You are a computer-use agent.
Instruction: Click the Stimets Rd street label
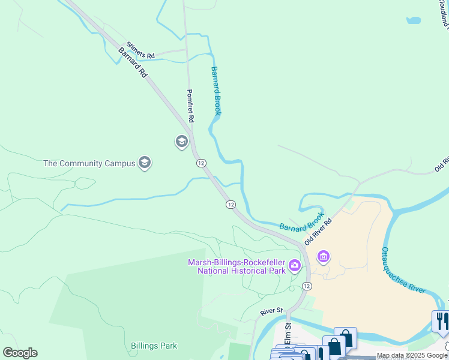136,50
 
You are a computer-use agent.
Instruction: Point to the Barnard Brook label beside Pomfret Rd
215,91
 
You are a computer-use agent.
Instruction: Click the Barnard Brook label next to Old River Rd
302,223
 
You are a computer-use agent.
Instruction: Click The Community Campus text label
89,163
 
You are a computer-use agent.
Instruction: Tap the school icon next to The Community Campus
144,163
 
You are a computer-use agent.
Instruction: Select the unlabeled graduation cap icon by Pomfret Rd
181,142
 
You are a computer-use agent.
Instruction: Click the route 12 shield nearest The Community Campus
201,163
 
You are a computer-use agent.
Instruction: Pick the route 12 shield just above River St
307,286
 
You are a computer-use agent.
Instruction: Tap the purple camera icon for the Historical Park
294,265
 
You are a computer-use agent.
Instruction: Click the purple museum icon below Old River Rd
324,257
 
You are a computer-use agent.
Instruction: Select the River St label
271,311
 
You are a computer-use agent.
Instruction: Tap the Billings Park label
154,346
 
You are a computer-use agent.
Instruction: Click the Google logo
20,353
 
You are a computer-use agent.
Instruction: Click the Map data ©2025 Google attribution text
412,355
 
